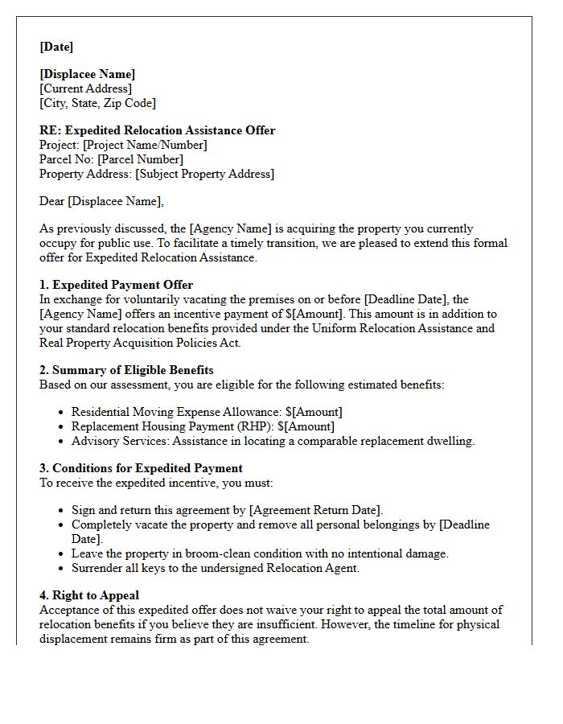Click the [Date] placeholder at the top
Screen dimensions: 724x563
(x=56, y=47)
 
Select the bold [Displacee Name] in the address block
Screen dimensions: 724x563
(x=88, y=75)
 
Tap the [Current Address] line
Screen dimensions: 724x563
(x=86, y=88)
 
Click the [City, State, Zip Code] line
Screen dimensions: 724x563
(x=97, y=103)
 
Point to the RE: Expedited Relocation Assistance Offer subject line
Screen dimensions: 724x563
(x=157, y=130)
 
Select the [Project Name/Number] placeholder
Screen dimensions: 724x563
(x=145, y=145)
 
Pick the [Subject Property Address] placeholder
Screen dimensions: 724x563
(x=204, y=174)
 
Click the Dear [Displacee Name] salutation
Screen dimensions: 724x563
(x=101, y=201)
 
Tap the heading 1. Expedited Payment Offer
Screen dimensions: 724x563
(x=116, y=285)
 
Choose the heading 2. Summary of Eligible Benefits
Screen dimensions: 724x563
(x=126, y=370)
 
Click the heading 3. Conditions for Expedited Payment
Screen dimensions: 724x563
(x=141, y=468)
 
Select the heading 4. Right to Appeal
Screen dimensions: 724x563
(x=89, y=595)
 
